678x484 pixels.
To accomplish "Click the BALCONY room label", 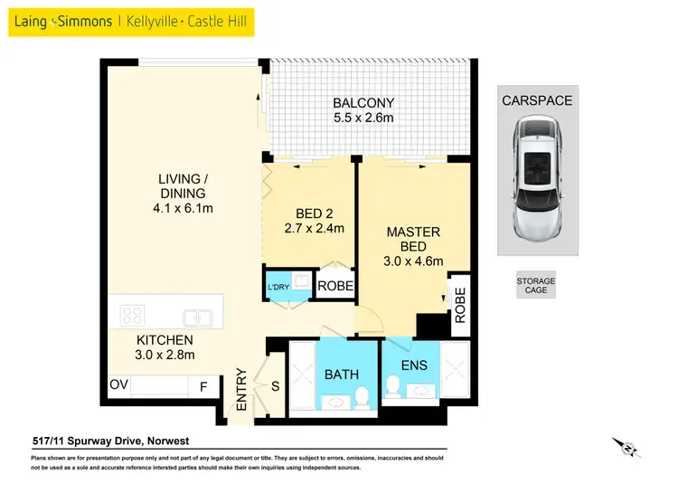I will tap(363, 103).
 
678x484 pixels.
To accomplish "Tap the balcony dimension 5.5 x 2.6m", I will tap(363, 119).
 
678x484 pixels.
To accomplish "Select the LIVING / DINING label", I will tap(184, 185).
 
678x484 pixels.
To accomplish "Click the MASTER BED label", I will tap(413, 240).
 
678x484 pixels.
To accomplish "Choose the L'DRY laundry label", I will tap(278, 288).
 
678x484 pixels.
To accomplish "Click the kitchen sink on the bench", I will tap(197, 318).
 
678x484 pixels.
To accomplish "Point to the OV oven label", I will tap(118, 384).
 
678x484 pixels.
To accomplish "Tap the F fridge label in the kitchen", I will tap(204, 385).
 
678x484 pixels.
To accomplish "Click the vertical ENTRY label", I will tap(241, 390).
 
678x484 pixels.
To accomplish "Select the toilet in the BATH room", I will tap(362, 395).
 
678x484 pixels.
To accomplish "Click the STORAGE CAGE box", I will tap(535, 286).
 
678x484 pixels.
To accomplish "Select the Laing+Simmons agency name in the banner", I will tap(61, 20).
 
